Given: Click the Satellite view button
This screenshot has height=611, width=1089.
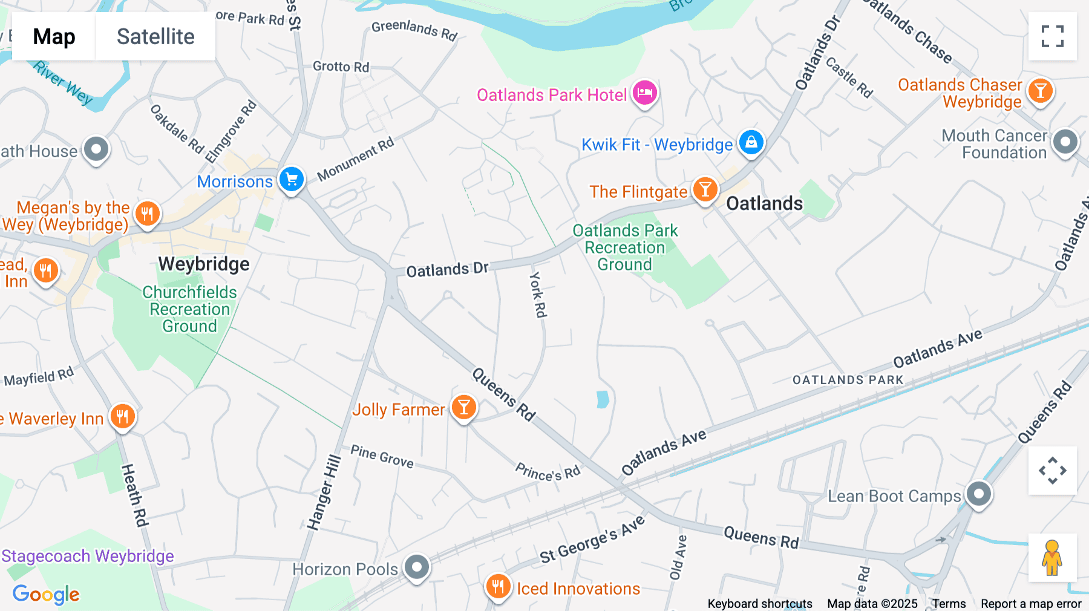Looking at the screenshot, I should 155,37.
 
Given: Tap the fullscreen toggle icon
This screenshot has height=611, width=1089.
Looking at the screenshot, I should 1052,36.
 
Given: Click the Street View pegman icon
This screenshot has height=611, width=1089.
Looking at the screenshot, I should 1052,558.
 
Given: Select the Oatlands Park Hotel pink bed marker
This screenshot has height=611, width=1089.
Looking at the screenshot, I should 645,93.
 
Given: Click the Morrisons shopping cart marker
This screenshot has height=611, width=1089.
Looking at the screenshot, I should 291,179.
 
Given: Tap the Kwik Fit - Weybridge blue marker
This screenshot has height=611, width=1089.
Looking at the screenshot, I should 751,142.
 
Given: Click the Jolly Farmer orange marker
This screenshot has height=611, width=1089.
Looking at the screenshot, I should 464,407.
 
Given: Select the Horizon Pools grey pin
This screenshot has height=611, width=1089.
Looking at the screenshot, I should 417,567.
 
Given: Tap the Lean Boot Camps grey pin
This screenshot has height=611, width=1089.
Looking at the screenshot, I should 978,494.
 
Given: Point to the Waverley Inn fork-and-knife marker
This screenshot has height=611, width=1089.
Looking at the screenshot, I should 123,416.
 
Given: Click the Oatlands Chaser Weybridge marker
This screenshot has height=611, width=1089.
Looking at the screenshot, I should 1040,91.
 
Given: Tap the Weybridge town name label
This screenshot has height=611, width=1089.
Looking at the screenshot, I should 204,264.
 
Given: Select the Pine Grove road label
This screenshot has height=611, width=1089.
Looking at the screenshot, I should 382,457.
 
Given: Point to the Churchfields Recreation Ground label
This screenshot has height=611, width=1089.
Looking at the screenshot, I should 189,309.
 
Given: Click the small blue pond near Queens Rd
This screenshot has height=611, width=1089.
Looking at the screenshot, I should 603,399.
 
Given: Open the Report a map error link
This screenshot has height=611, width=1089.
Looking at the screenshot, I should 1031,604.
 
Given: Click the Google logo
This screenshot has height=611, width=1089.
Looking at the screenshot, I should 46,594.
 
